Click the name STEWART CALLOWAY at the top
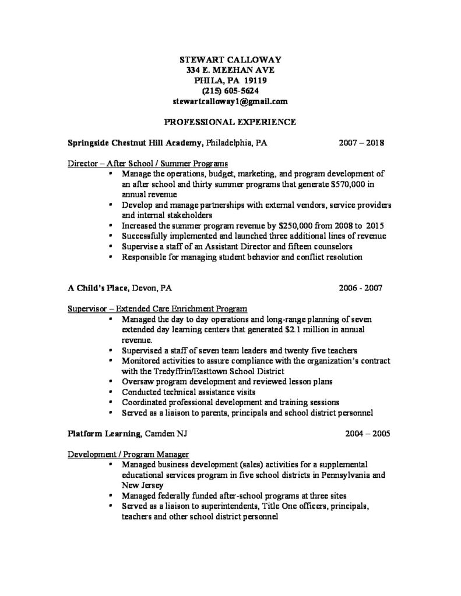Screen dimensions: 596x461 point(230,59)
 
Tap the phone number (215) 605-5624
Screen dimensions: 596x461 point(230,91)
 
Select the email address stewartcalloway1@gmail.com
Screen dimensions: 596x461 point(230,101)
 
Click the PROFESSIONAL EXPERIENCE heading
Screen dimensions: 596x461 point(230,122)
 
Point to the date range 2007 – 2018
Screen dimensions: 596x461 point(361,142)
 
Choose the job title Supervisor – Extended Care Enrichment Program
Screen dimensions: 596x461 point(157,308)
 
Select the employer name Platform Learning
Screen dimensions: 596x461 point(103,434)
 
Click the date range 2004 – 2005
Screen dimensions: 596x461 point(361,434)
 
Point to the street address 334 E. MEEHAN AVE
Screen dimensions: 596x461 point(230,69)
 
